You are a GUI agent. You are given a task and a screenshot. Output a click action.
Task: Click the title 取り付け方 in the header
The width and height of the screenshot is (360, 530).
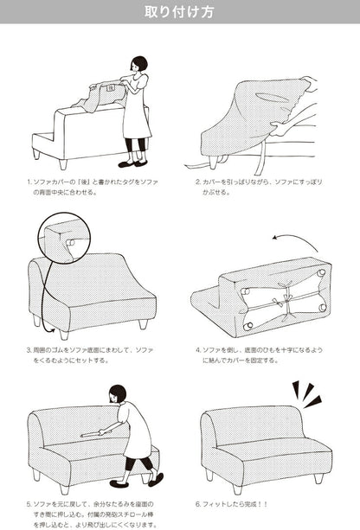coord(179,12)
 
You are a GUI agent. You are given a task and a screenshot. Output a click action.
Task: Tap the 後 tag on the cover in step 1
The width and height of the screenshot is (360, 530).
coord(111,88)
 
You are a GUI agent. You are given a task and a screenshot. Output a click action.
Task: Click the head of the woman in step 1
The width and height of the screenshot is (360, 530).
coord(139,65)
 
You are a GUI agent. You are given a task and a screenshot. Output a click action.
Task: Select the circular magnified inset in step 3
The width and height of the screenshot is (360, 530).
coord(64,239)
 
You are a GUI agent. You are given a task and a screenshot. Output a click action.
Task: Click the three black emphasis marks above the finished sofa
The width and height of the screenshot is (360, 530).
coord(306,393)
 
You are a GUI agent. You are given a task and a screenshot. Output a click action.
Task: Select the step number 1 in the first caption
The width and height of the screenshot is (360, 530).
coord(29,182)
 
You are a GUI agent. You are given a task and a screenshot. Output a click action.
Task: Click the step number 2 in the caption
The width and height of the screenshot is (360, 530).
coord(198,182)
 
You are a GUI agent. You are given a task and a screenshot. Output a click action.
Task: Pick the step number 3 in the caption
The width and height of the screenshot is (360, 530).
coord(29,350)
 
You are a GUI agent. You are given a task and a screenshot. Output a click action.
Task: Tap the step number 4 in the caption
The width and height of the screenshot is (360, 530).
coord(198,350)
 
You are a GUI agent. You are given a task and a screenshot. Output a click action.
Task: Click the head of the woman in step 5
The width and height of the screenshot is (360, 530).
coord(118,393)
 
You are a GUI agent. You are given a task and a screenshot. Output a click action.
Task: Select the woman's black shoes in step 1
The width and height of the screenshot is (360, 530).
coord(132,164)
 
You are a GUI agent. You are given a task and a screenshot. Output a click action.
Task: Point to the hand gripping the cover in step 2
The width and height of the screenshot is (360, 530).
coord(280,129)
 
